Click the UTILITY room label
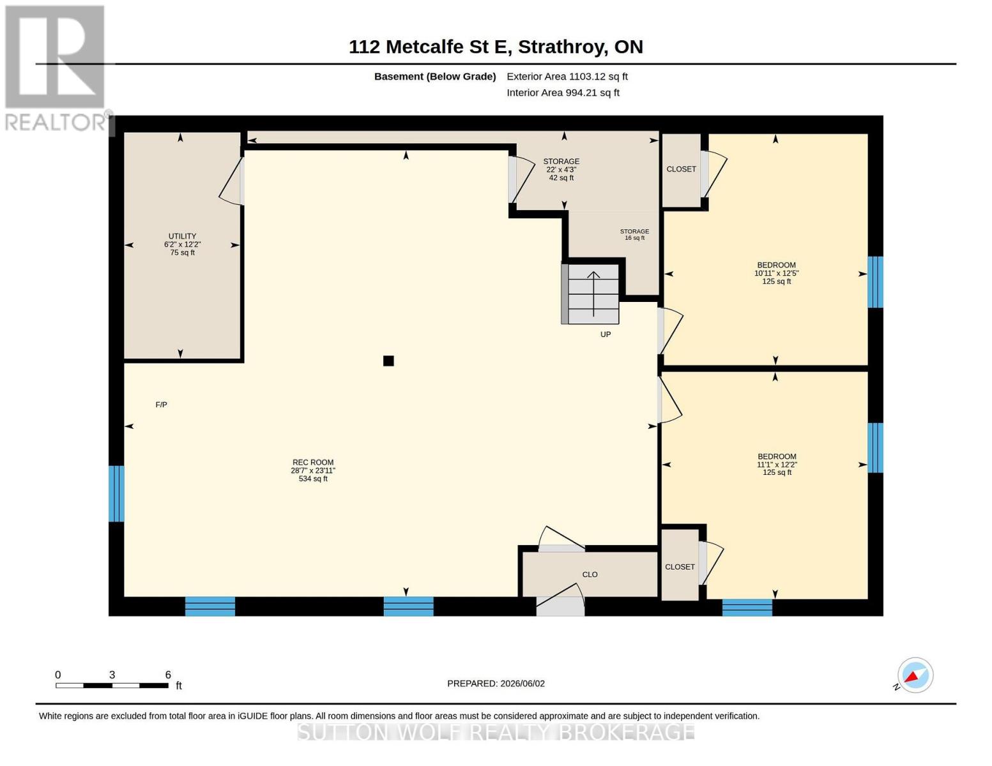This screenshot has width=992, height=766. click(x=182, y=244)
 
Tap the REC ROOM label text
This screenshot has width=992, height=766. click(x=313, y=470)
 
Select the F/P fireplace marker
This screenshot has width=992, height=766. click(x=161, y=405)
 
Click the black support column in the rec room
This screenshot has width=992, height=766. click(x=388, y=361)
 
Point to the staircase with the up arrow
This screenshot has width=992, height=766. click(x=590, y=294)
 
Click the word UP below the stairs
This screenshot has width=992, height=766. click(x=606, y=334)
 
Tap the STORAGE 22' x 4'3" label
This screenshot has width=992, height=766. click(x=561, y=169)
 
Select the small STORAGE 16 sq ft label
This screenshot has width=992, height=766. click(x=634, y=234)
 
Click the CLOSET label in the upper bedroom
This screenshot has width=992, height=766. click(x=681, y=169)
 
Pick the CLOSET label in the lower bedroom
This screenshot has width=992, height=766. click(x=680, y=567)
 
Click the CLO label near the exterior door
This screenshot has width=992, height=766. click(x=590, y=574)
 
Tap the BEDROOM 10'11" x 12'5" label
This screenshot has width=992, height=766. click(x=776, y=273)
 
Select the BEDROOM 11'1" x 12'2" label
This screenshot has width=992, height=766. click(x=777, y=464)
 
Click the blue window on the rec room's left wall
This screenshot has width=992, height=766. click(x=116, y=493)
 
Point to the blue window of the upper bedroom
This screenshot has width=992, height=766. click(x=875, y=282)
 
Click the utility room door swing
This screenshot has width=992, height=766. click(x=231, y=181)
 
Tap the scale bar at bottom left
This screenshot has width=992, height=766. click(x=112, y=685)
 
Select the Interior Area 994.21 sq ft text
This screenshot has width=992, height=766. click(x=563, y=93)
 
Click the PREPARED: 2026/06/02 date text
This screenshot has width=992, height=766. click(x=496, y=684)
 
